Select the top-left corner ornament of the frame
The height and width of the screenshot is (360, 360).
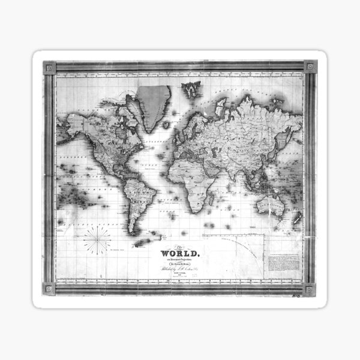50,67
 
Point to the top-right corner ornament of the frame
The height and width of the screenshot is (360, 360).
310,67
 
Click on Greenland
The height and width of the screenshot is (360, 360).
154,105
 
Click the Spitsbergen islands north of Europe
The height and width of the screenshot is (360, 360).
191,89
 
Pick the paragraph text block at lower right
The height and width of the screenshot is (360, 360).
282,261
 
